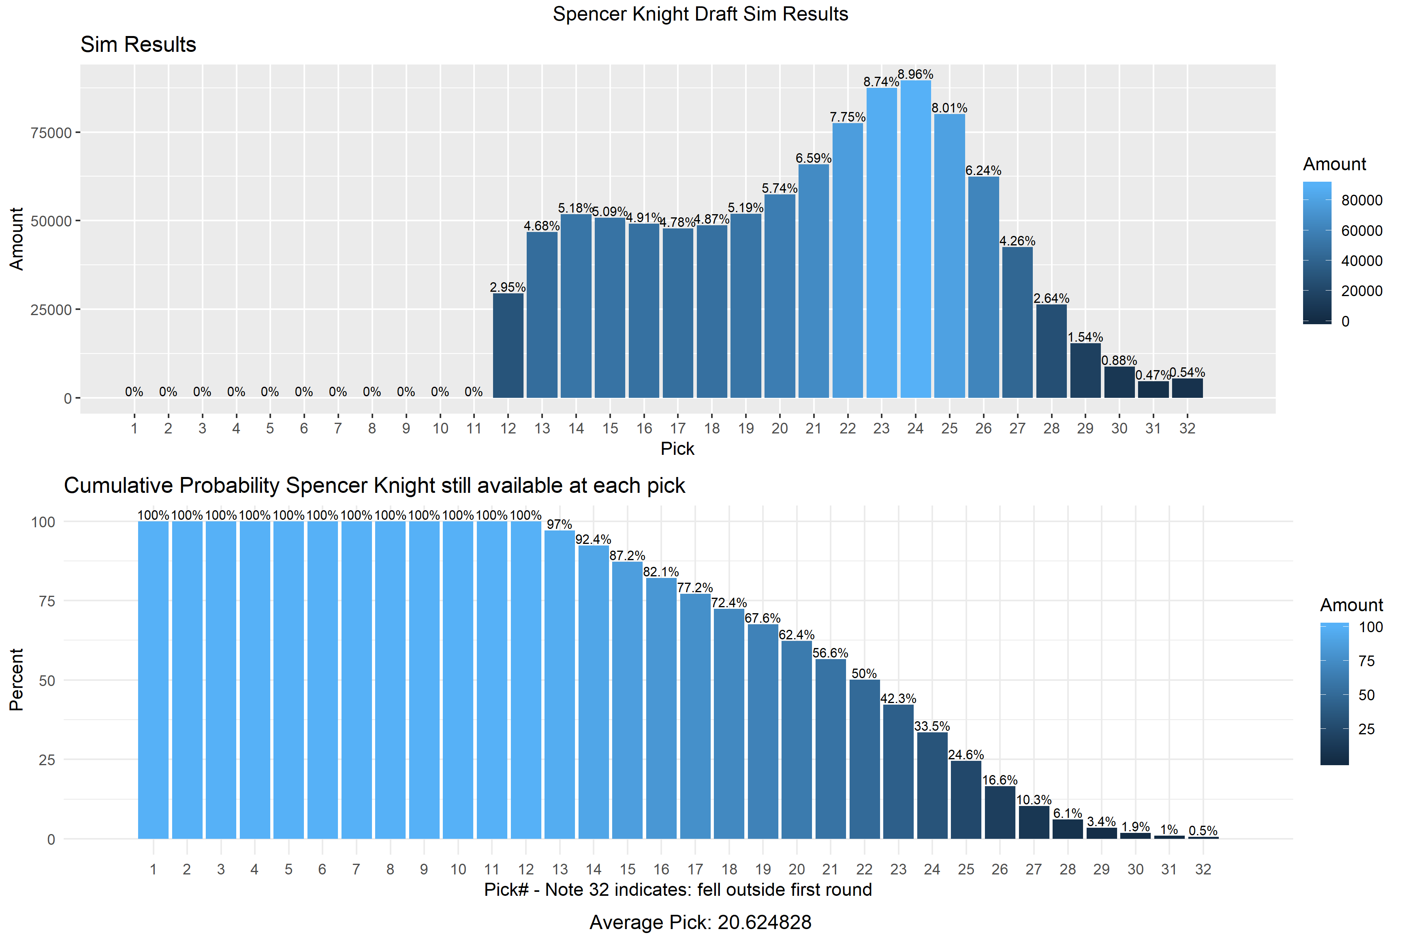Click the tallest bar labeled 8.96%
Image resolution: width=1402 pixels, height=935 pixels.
(x=916, y=239)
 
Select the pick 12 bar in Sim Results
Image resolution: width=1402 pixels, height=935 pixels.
(x=508, y=346)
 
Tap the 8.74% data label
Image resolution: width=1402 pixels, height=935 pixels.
(x=881, y=82)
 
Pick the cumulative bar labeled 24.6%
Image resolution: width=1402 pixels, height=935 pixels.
(x=966, y=800)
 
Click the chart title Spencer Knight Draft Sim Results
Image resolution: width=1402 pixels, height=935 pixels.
(x=700, y=14)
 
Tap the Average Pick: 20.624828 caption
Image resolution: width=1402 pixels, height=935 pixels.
(x=700, y=922)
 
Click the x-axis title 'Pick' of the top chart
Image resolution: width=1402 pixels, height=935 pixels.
(x=677, y=448)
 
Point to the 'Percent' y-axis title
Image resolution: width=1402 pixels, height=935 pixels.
(x=16, y=680)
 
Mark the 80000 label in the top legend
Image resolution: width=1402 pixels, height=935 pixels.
(x=1362, y=200)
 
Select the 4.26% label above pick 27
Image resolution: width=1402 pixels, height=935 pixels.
(x=1017, y=241)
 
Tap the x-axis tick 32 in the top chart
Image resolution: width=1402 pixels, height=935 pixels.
(x=1187, y=428)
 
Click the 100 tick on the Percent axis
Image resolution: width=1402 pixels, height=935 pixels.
(x=43, y=522)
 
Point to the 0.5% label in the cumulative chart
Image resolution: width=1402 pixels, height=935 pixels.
(x=1203, y=830)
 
